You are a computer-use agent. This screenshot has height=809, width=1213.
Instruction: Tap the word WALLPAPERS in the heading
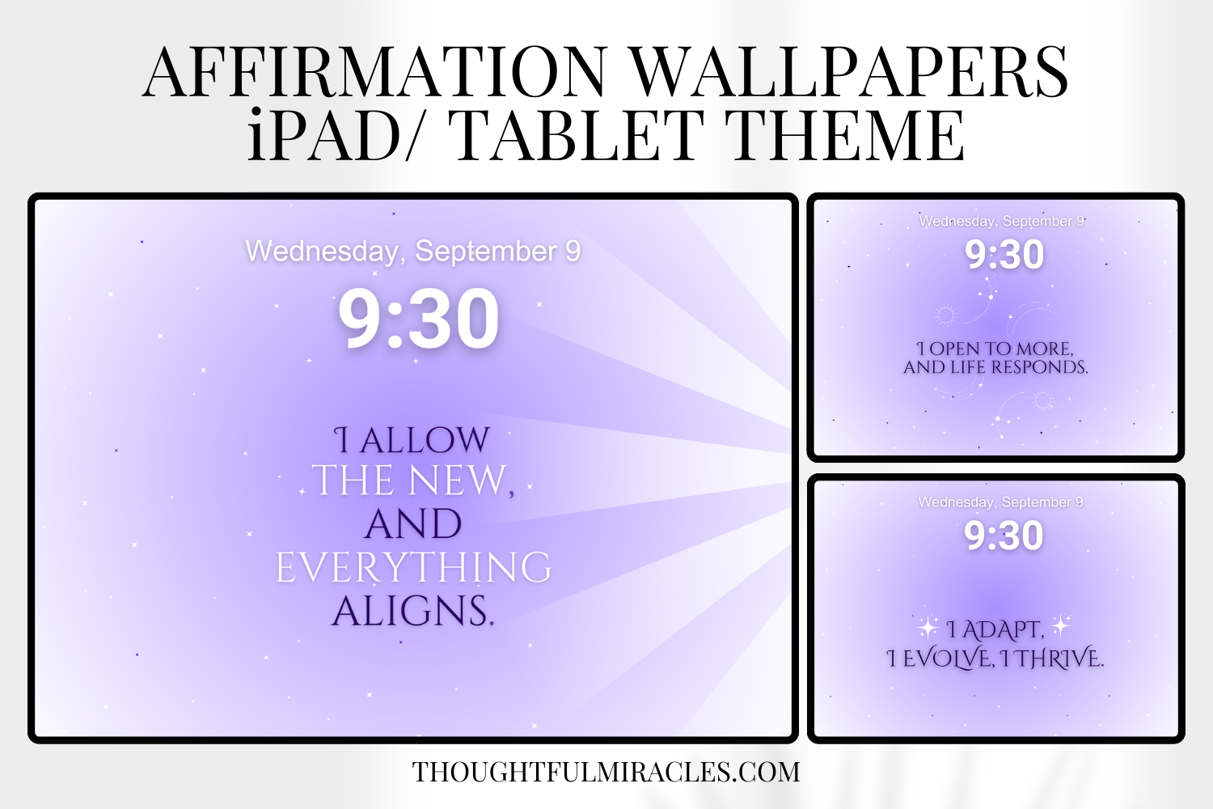[849, 73]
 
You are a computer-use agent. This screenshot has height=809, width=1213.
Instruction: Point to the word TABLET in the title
[579, 135]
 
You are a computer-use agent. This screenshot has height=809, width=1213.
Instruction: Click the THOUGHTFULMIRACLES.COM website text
[606, 772]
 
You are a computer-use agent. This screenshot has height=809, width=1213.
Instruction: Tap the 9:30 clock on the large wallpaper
[418, 320]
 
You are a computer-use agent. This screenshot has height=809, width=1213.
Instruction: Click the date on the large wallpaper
[413, 252]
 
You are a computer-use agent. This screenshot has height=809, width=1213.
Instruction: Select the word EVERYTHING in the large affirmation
[413, 567]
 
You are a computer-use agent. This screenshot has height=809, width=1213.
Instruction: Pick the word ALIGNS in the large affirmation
[412, 611]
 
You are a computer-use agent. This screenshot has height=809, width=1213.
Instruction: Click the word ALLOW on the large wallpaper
[425, 441]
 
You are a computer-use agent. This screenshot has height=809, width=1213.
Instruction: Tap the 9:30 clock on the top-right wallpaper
[1004, 255]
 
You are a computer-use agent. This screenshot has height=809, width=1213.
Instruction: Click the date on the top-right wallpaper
[1002, 221]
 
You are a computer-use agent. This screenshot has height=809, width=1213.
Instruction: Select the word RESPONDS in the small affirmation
[1040, 367]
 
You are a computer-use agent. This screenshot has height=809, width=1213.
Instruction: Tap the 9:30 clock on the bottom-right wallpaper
[1004, 536]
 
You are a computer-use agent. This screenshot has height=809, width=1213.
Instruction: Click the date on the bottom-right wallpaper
[1000, 502]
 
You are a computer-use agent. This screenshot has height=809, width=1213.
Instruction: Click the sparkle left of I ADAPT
[928, 627]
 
